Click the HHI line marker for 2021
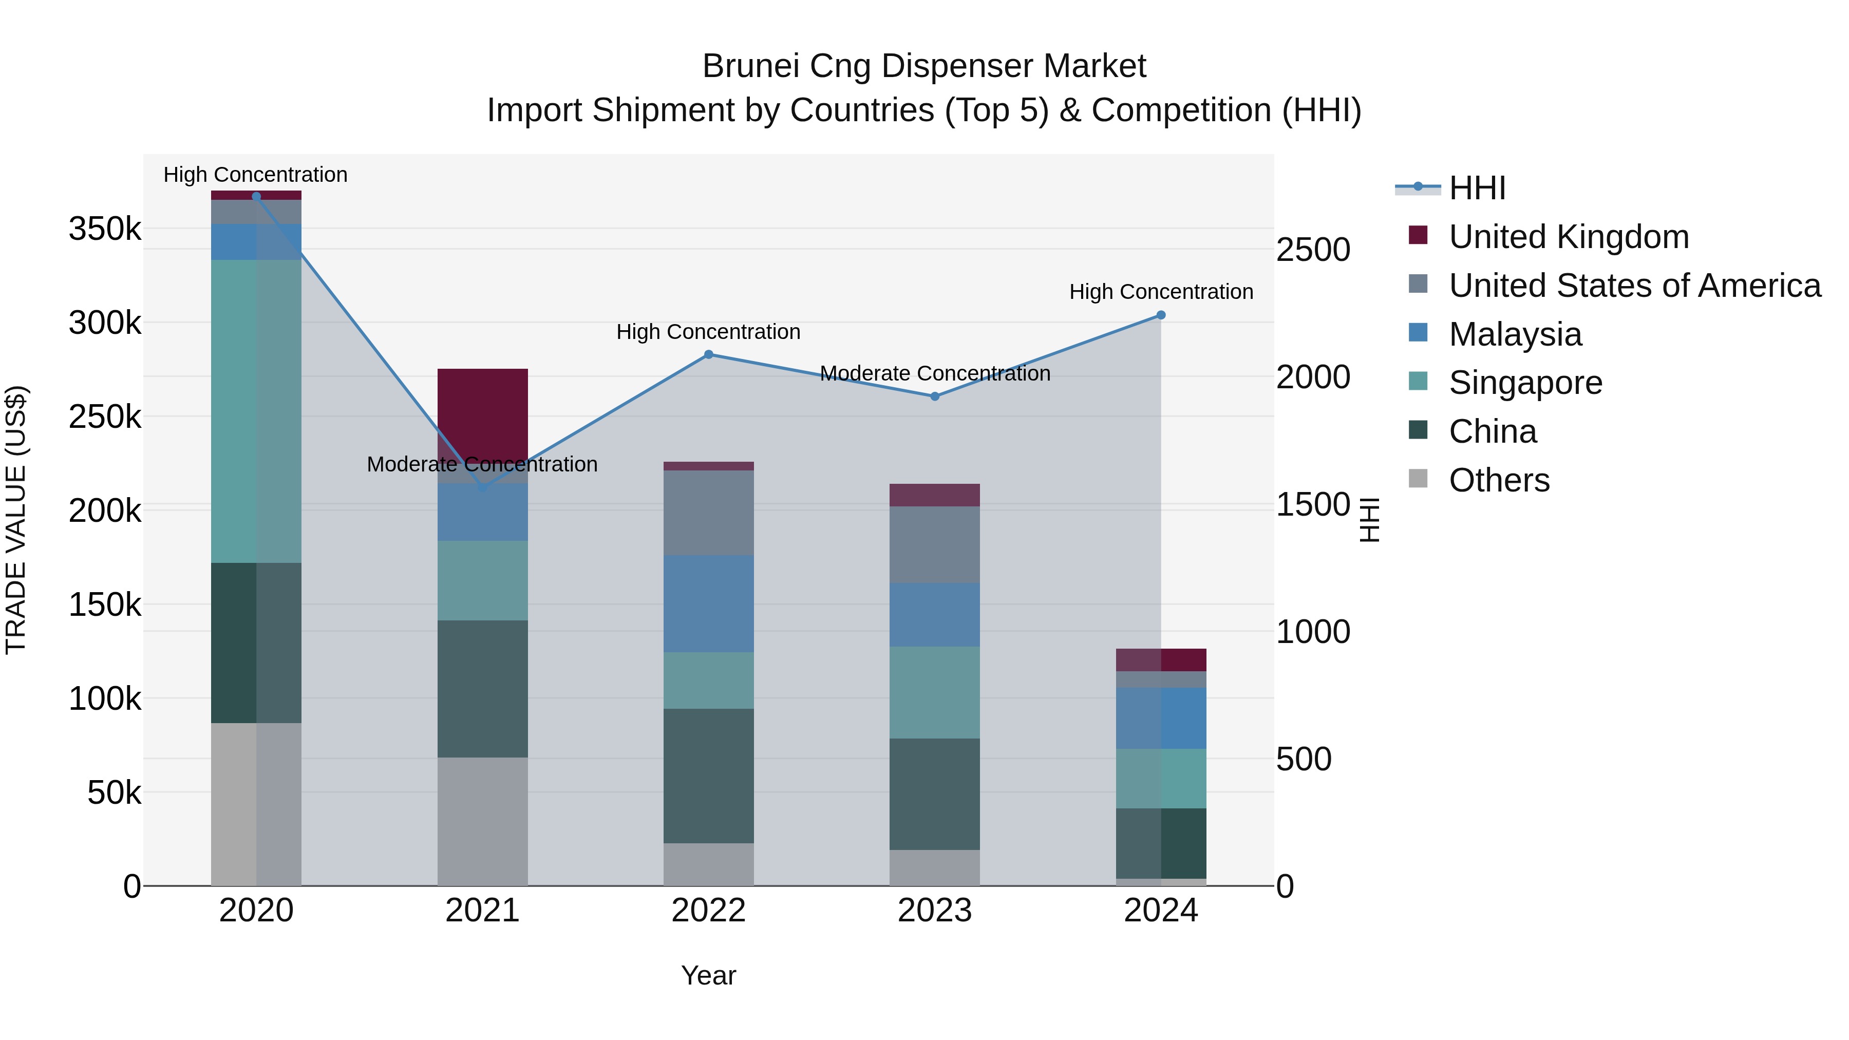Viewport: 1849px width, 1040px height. (x=482, y=487)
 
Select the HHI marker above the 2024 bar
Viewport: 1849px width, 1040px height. (x=1161, y=315)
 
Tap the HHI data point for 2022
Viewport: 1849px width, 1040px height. (x=708, y=354)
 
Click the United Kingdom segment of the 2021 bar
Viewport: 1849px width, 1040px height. (x=482, y=409)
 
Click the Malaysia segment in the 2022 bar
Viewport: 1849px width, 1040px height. (x=708, y=603)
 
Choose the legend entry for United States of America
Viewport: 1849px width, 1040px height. (x=1634, y=286)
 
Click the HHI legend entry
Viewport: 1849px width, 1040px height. (x=1477, y=188)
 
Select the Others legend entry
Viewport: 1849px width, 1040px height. (x=1499, y=480)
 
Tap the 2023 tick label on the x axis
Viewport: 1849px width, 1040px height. (x=935, y=911)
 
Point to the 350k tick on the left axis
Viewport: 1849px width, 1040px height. (x=105, y=230)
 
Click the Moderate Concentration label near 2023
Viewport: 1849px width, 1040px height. (x=935, y=373)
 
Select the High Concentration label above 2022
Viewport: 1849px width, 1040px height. (x=708, y=332)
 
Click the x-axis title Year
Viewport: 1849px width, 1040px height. (x=708, y=975)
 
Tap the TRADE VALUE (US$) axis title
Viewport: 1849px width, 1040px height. (x=16, y=520)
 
